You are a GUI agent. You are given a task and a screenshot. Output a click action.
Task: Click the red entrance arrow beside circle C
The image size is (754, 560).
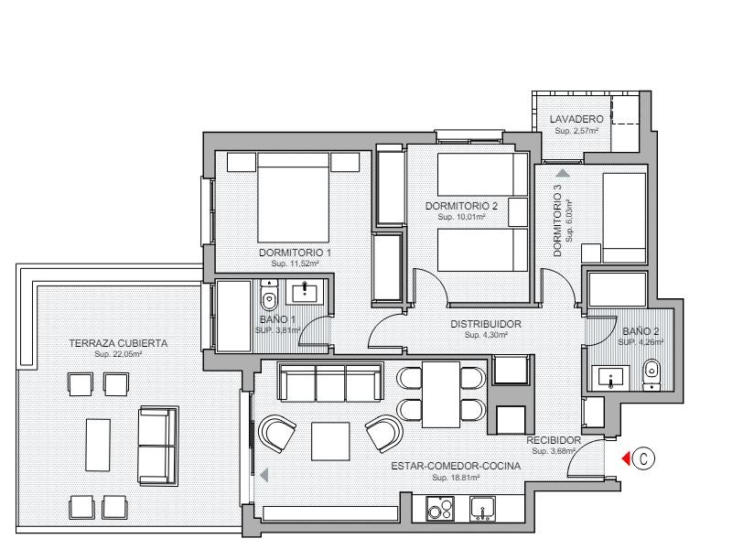click(627, 459)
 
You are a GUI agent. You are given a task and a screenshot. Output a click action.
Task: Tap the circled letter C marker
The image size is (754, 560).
click(643, 459)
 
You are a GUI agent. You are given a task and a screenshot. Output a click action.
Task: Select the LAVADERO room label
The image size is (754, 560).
click(576, 119)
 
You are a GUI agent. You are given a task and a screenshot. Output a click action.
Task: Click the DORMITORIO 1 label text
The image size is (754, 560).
click(295, 253)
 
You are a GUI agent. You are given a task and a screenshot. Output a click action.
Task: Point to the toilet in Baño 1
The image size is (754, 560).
click(269, 296)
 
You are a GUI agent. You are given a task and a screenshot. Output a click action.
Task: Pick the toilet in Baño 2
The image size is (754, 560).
click(652, 373)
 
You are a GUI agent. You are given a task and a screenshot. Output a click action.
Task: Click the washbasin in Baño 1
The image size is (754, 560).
click(306, 292)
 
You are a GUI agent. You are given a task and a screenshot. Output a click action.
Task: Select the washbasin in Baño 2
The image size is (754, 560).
click(610, 377)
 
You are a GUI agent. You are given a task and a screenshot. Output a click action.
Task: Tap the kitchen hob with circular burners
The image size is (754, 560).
click(440, 509)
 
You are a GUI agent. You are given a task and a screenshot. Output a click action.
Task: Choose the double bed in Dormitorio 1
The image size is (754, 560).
click(294, 197)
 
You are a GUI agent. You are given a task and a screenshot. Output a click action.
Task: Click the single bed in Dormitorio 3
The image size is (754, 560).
click(624, 218)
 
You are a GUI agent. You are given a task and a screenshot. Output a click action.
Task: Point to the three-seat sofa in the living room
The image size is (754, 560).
click(331, 382)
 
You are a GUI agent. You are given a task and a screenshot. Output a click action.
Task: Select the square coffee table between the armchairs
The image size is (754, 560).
click(330, 441)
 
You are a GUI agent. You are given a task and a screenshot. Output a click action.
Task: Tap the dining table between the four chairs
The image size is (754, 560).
click(441, 394)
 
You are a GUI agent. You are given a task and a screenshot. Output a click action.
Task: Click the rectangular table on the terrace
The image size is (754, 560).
click(98, 446)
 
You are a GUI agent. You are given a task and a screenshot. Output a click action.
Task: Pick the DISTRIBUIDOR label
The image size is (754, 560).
click(486, 324)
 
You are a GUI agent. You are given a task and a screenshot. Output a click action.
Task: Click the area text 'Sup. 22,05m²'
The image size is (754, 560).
click(118, 354)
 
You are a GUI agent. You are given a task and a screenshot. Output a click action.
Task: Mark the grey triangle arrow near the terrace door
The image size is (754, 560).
click(264, 476)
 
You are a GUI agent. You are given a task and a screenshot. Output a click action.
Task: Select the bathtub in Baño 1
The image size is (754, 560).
click(233, 317)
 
